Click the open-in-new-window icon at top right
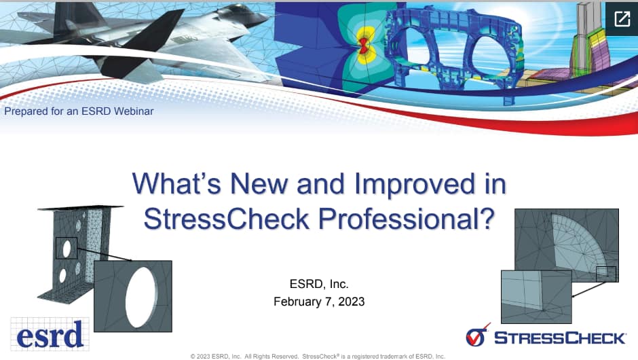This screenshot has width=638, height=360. coord(622,18)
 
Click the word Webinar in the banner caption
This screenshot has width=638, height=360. coord(131,111)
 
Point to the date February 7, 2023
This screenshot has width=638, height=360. coord(319,302)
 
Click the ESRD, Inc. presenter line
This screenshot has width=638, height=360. coord(319,284)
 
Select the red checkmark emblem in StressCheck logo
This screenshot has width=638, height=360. coord(478,336)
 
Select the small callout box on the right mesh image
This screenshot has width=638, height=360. coord(605,274)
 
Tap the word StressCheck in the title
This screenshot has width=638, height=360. coord(223,218)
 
